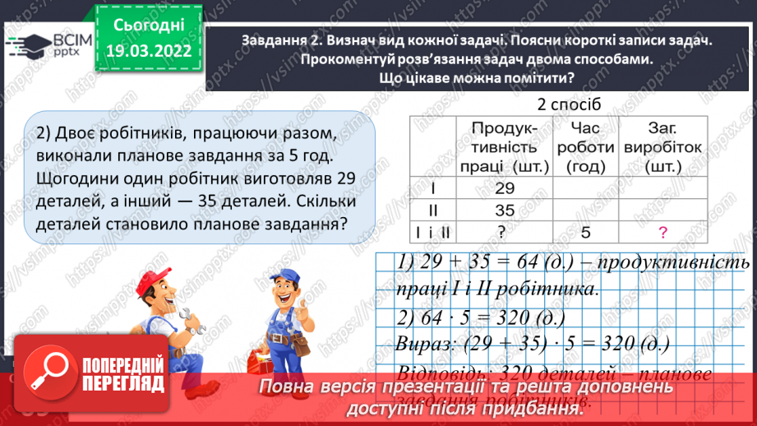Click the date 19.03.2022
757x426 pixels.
149,51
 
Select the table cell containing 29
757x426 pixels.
505,188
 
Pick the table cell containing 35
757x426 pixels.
505,211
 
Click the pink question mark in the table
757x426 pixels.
662,233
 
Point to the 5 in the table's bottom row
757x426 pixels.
584,233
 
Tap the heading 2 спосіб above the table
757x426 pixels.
569,104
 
